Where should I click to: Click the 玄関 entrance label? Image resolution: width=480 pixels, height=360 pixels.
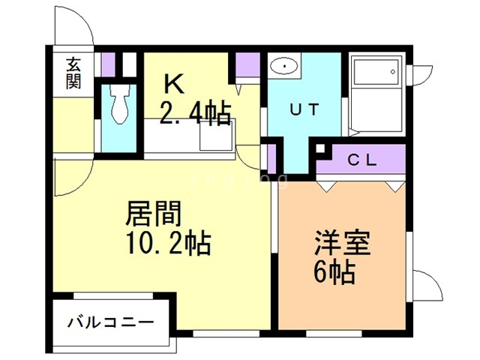coord(73,73)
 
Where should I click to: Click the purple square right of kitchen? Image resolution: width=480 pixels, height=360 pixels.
coord(247,65)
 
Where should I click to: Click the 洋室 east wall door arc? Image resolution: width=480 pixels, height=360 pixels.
coord(425,285)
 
